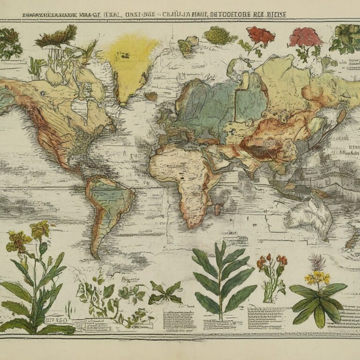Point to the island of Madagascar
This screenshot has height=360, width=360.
tap(217, 209)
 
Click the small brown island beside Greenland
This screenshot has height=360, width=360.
tap(151, 96)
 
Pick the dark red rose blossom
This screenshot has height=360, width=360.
tap(260, 35)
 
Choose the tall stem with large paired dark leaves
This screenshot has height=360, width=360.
tap(220, 281)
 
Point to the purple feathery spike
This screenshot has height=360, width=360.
tap(316, 262)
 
